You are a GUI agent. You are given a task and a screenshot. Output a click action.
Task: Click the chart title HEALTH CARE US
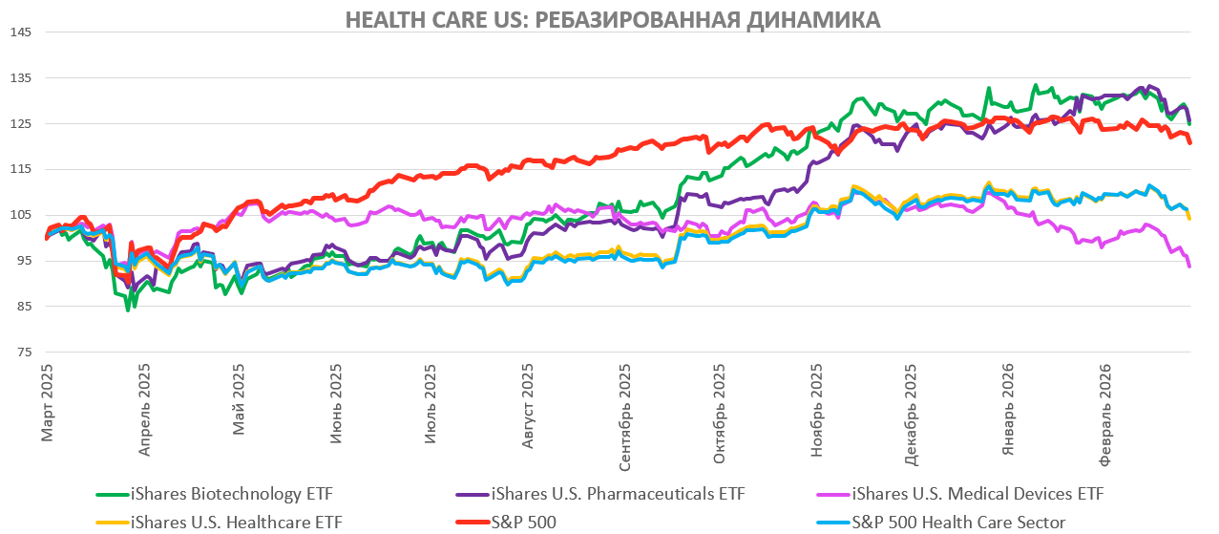[612, 19]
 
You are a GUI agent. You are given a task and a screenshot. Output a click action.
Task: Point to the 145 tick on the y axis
[21, 32]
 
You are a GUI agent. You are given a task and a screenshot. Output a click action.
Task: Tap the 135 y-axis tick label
[21, 78]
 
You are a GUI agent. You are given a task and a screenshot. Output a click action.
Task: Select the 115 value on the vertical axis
[21, 169]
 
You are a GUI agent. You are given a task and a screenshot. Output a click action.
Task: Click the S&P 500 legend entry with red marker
[520, 522]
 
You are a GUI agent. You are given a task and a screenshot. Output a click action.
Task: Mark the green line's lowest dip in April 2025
[128, 310]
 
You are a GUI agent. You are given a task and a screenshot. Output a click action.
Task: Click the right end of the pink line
[1189, 266]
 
